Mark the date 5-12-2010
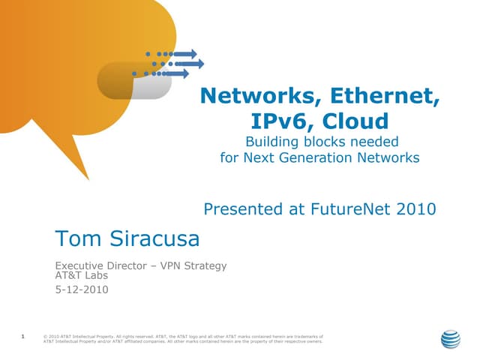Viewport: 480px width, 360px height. tap(82, 289)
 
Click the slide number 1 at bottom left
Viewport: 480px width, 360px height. tap(24, 337)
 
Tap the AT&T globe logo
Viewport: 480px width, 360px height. tap(450, 339)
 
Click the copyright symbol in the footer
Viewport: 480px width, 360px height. tap(46, 337)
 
